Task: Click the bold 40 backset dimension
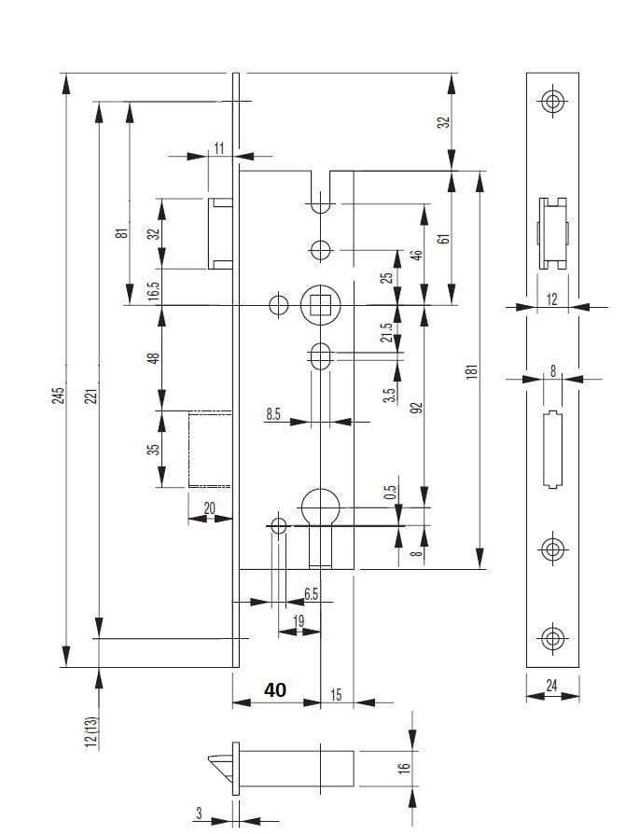pyautogui.click(x=275, y=690)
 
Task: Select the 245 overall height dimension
pyautogui.click(x=58, y=396)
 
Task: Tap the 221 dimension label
pyautogui.click(x=90, y=396)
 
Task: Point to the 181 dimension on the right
pyautogui.click(x=472, y=370)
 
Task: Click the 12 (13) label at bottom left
pyautogui.click(x=90, y=731)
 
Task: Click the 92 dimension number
pyautogui.click(x=417, y=407)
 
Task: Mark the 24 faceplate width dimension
pyautogui.click(x=551, y=686)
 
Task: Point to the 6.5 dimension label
pyautogui.click(x=311, y=593)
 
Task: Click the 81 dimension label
pyautogui.click(x=120, y=233)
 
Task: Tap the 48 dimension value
pyautogui.click(x=154, y=357)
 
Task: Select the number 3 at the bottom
pyautogui.click(x=199, y=813)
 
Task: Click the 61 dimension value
pyautogui.click(x=443, y=238)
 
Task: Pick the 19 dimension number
pyautogui.click(x=299, y=620)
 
